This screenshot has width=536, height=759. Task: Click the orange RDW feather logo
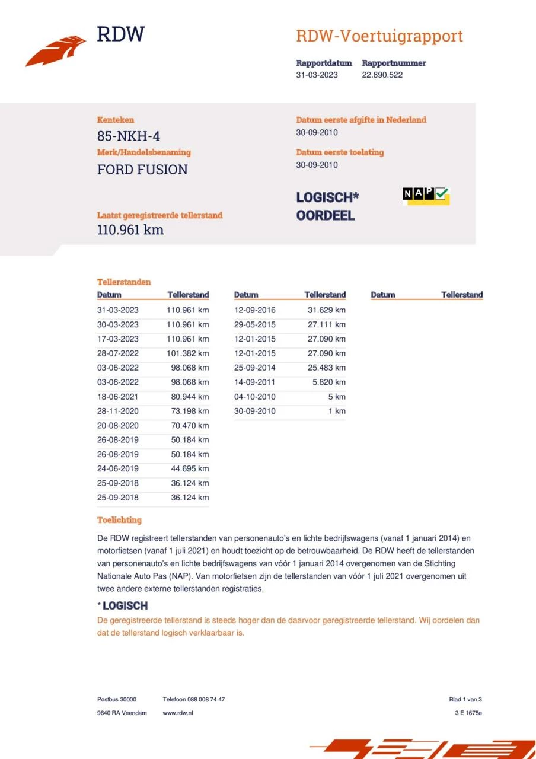(x=56, y=50)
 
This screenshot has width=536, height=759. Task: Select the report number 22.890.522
(x=382, y=75)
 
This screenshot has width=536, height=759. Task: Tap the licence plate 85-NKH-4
(x=129, y=136)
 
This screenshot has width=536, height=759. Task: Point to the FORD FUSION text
(x=142, y=170)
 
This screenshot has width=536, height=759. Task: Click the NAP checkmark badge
(x=426, y=196)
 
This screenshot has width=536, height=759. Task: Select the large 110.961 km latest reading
(x=130, y=230)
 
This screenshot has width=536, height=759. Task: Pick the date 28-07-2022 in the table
(x=118, y=353)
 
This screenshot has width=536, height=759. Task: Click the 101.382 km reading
(x=188, y=353)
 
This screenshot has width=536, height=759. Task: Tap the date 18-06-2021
(x=118, y=397)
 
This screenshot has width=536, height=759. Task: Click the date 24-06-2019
(x=118, y=468)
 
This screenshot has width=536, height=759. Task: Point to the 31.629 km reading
(x=327, y=310)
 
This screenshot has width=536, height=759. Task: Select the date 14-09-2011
(x=255, y=382)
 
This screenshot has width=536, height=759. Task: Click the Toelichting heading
(x=119, y=520)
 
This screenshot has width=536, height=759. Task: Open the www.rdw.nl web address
(x=178, y=713)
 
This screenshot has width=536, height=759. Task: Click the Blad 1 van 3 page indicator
(x=465, y=699)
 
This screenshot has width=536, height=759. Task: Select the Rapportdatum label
(x=324, y=63)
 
